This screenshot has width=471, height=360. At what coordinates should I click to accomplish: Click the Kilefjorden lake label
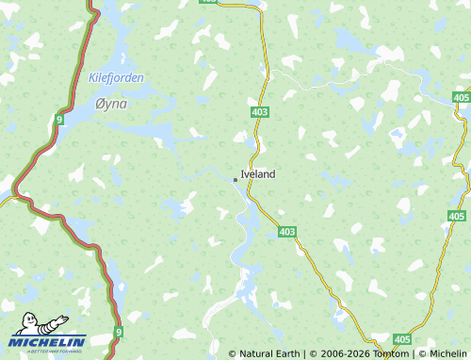click(x=116, y=78)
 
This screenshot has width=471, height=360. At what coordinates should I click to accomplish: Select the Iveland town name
click(x=258, y=174)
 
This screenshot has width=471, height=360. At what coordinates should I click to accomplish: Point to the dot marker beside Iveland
click(x=235, y=178)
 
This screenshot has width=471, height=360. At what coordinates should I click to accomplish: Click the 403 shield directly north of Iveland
click(x=261, y=112)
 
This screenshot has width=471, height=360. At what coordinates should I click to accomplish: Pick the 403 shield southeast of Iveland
click(x=287, y=232)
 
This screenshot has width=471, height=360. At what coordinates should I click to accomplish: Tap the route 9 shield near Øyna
click(x=59, y=121)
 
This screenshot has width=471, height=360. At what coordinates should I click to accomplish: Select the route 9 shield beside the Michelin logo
click(x=119, y=332)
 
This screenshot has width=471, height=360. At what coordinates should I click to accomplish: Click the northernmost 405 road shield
click(x=460, y=98)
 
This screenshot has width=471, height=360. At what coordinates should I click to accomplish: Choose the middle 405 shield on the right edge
click(x=457, y=217)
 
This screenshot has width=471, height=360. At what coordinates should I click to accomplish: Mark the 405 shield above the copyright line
click(x=402, y=339)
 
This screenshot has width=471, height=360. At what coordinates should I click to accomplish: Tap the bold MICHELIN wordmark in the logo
click(x=48, y=342)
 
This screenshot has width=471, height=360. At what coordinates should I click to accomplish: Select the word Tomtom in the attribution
click(x=388, y=353)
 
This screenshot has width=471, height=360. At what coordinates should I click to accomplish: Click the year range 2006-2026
click(x=338, y=353)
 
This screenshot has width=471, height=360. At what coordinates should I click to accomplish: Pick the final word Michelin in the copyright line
click(x=447, y=353)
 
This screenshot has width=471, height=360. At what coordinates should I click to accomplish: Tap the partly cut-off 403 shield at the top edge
click(x=208, y=2)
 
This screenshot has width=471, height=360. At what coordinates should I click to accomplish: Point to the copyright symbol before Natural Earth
click(x=233, y=353)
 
